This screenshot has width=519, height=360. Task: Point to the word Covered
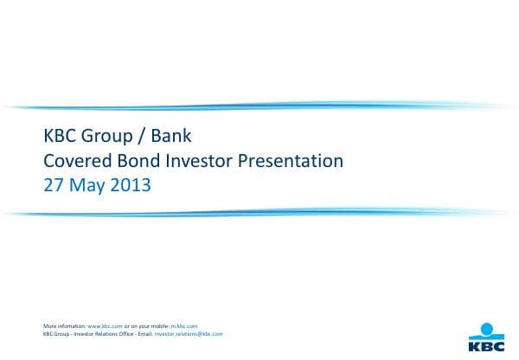coord(76,161)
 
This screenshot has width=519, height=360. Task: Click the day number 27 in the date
coord(54,185)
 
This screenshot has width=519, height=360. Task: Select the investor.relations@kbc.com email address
coord(188,333)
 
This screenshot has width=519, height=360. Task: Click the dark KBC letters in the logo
coord(485,342)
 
